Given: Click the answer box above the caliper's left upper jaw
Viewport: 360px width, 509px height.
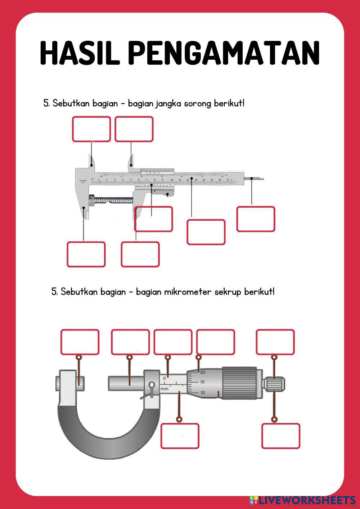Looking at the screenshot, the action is click(91, 129).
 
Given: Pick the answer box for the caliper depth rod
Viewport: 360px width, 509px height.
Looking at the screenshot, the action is click(256, 219).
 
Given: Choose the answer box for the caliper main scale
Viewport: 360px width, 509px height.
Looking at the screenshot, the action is click(206, 232).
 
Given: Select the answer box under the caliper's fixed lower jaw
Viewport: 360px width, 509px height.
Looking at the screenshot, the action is click(86, 254).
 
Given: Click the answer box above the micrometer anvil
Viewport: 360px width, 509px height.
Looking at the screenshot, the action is click(80, 342).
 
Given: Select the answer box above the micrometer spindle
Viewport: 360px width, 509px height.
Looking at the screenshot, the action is click(130, 342).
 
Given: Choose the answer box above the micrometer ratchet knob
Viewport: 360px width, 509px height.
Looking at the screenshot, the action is click(275, 342).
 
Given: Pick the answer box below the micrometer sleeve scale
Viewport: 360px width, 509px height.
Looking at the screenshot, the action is click(180, 436).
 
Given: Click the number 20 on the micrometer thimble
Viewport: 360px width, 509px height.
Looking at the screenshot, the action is click(202, 372).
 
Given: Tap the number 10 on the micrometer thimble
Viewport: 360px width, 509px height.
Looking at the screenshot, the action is click(202, 393).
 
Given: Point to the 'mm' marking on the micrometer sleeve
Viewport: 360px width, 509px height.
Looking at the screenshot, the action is click(165, 389).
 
